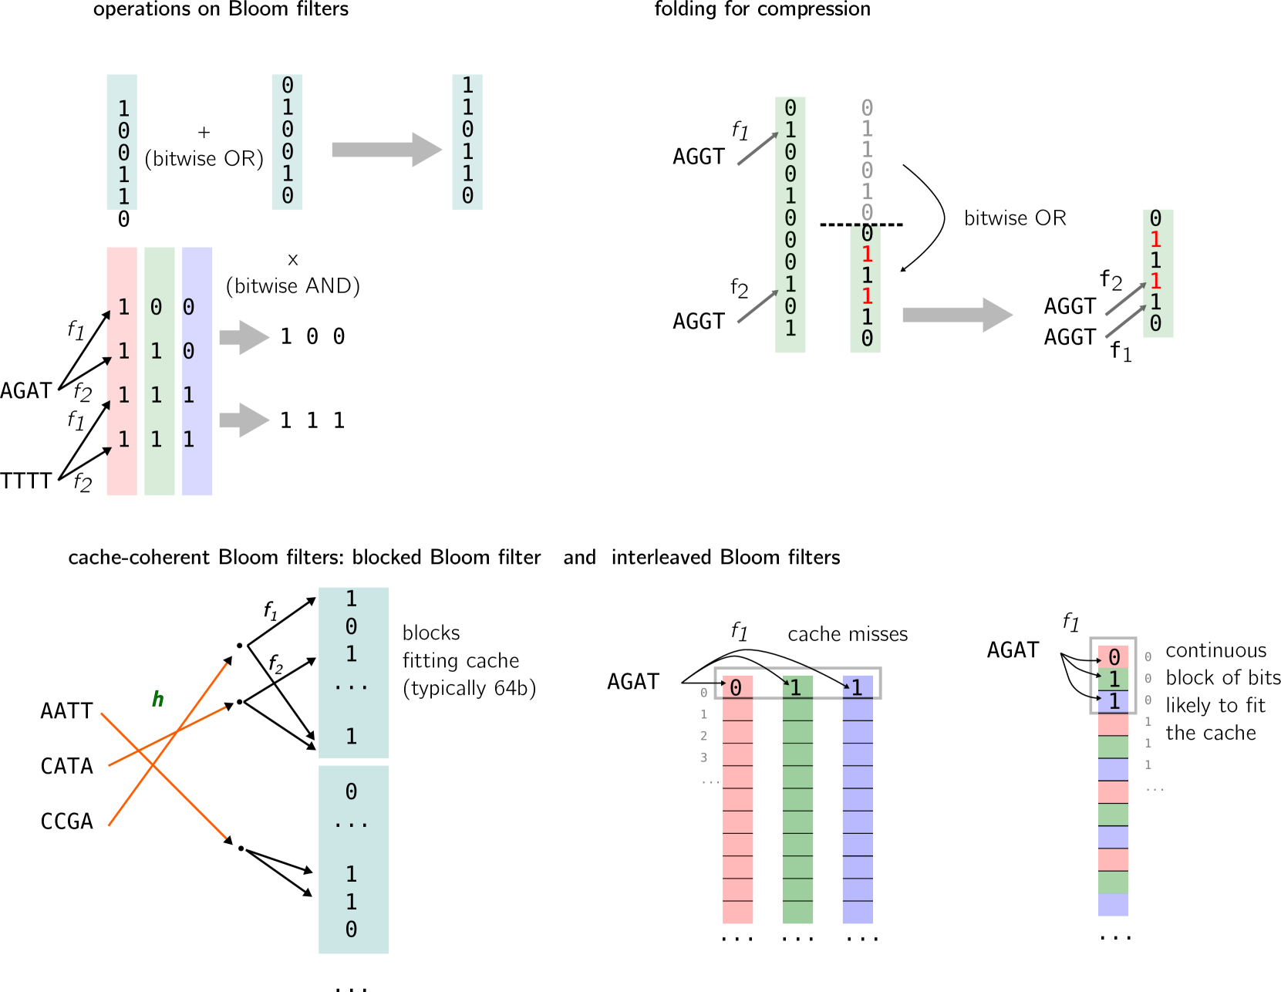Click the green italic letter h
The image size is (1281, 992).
coord(157,699)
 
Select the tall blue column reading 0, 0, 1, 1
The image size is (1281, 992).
coord(197,371)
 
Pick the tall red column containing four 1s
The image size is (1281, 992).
coord(122,371)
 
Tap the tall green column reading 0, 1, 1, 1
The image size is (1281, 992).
coord(160,371)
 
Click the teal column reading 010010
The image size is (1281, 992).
coord(287,142)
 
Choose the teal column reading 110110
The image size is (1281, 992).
coord(467,142)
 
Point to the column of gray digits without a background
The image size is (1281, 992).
coord(867,160)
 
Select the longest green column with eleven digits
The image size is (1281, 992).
coord(791,224)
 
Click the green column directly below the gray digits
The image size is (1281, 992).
coord(865,289)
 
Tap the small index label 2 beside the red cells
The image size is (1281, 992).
coord(703,736)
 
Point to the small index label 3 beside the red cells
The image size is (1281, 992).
coord(703,757)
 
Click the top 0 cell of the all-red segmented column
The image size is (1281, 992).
coord(738,687)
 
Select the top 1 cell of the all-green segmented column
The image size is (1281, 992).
coord(798,687)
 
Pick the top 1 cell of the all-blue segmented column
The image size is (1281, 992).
coord(858,687)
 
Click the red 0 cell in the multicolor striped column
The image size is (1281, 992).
coord(1113,656)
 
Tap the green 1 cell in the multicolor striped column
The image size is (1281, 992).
coord(1113,679)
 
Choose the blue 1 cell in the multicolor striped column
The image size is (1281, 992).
coord(1113,701)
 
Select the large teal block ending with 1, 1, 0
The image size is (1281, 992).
coord(354,859)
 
